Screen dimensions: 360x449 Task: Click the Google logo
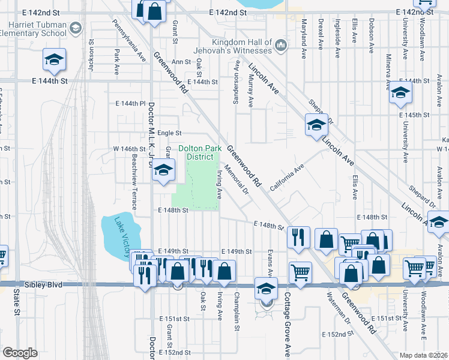(x=20, y=352)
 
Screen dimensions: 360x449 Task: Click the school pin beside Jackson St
(x=54, y=60)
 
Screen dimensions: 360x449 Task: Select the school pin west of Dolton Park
(x=163, y=170)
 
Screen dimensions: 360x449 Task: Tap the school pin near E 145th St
(x=400, y=93)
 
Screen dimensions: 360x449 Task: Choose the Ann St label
(x=181, y=61)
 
